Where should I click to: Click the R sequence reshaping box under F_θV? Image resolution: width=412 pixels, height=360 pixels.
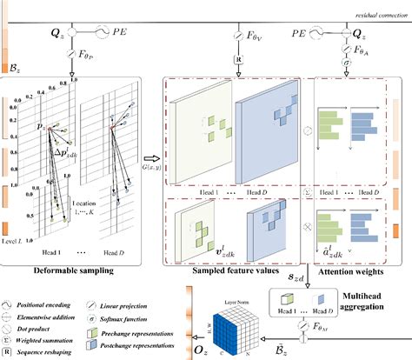tap(237, 61)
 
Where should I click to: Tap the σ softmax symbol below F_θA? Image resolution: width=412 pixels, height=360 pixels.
tap(347, 63)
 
